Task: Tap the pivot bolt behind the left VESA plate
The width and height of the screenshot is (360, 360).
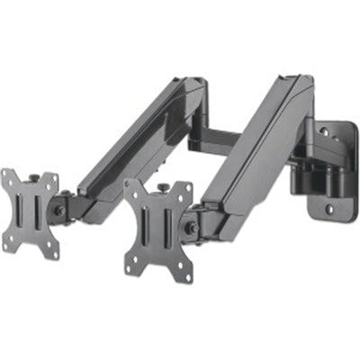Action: click(x=61, y=209)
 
